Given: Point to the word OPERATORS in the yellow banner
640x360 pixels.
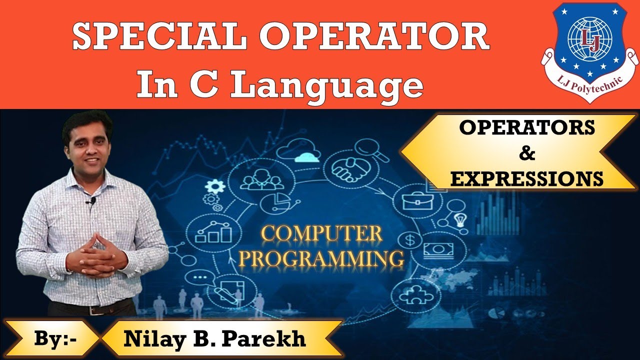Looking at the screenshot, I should coord(527,128).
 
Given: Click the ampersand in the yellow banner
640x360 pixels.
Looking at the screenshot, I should coord(527,153).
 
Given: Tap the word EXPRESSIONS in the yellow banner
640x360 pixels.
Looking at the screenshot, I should coord(527,178).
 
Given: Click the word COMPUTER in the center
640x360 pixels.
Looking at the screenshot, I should coord(322,234).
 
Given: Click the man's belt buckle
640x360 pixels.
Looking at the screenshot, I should coord(91,309).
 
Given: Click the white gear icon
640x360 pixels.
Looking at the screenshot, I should coord(215,186).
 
